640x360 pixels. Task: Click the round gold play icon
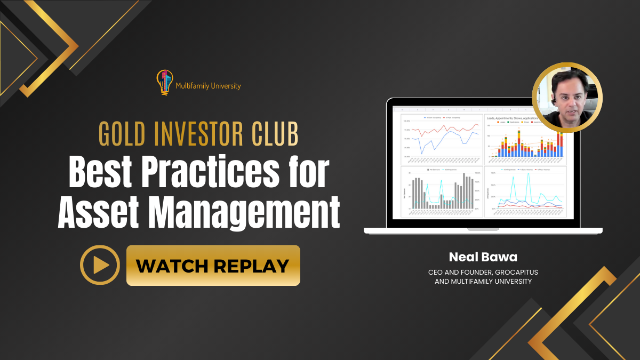100,265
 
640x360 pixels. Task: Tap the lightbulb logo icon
164,82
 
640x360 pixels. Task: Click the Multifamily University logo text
208,85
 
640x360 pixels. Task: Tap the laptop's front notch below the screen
483,229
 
